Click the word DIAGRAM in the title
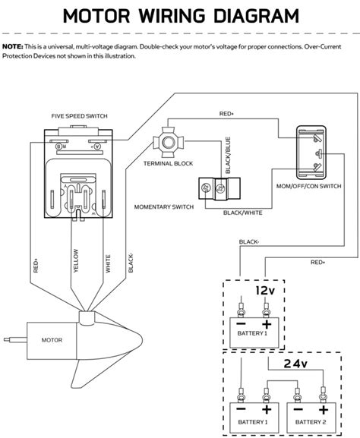tap(256, 16)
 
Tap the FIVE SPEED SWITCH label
tap(80, 116)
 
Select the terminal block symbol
tap(168, 142)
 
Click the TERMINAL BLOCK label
tap(169, 163)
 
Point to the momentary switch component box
tap(219, 188)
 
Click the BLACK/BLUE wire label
tap(228, 155)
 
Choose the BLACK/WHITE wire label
tap(243, 213)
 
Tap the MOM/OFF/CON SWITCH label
tap(309, 186)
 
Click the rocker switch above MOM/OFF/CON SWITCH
tap(311, 151)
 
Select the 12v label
tap(265, 291)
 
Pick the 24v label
tap(295, 364)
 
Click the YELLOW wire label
tap(76, 260)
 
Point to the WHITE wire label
tap(108, 263)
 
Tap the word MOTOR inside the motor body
tap(52, 340)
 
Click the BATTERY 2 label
tap(311, 422)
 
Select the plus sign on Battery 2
tap(324, 410)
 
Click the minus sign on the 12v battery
tap(241, 324)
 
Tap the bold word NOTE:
tap(13, 46)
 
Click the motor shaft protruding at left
tap(15, 339)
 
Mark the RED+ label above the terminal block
tap(226, 114)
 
